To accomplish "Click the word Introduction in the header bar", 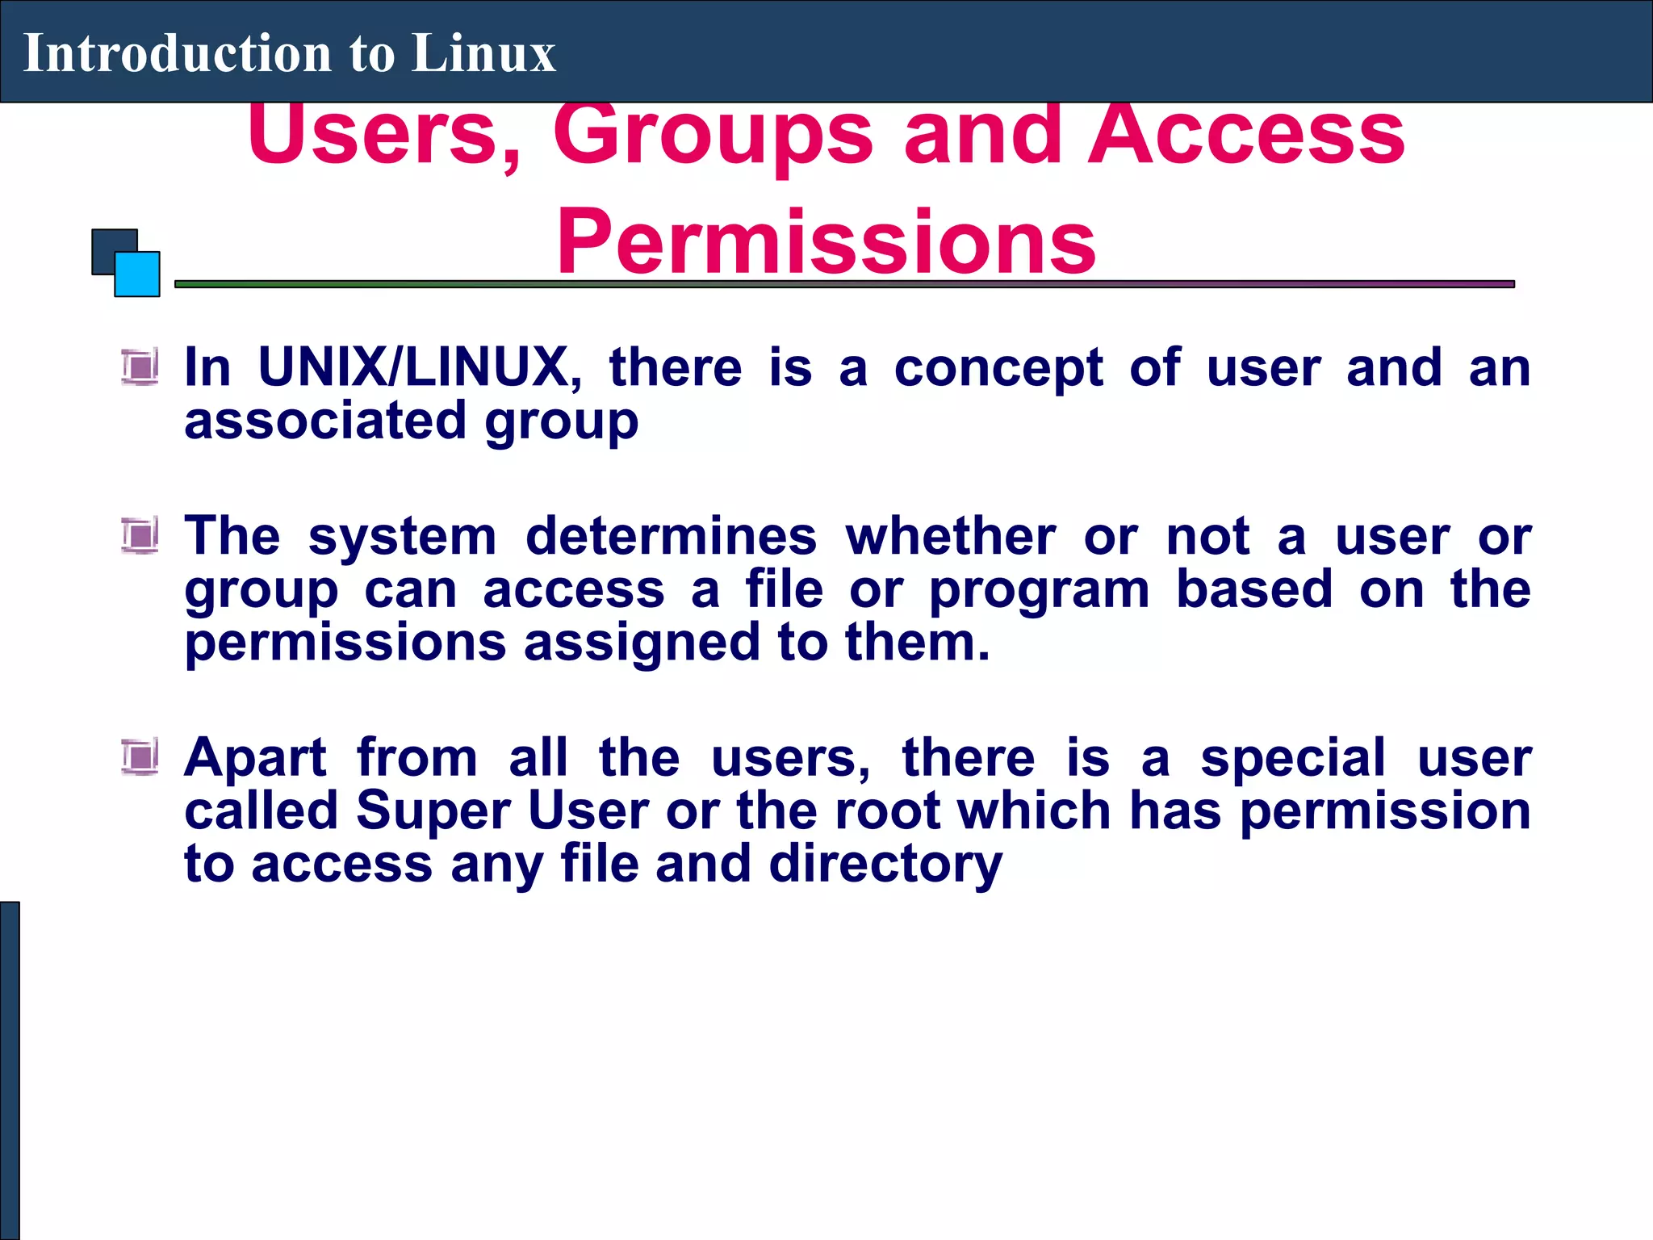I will coord(177,53).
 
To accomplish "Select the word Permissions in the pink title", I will coord(826,241).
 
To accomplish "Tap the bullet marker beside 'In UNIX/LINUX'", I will coord(140,367).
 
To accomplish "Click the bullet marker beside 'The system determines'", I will coord(140,536).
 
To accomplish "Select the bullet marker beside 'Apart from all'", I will coord(140,757).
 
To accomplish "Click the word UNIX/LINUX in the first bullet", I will coord(419,367).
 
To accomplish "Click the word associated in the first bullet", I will coord(325,421).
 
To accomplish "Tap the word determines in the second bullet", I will coord(671,536).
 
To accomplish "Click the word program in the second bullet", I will coord(1039,591).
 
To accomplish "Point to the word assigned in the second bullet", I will coord(642,643).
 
